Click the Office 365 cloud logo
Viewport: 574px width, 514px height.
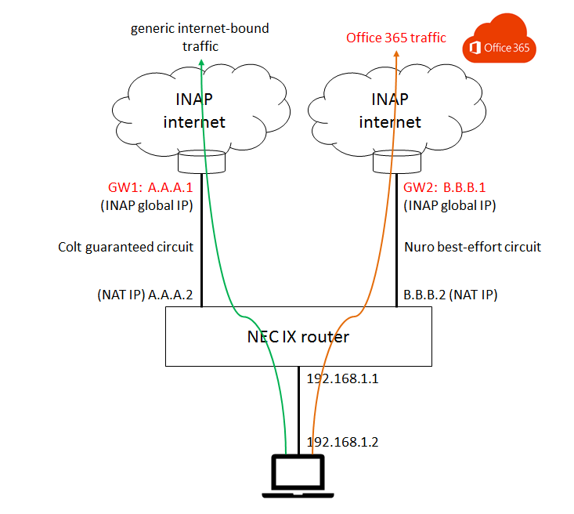click(x=499, y=39)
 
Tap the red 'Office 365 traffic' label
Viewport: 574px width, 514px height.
click(x=396, y=38)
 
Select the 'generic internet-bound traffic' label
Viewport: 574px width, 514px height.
click(x=200, y=38)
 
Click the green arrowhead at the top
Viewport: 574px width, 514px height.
click(x=201, y=63)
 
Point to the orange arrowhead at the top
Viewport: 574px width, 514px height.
click(x=396, y=54)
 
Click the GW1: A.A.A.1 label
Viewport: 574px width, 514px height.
click(x=150, y=187)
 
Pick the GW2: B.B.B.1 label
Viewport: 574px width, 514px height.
click(x=445, y=187)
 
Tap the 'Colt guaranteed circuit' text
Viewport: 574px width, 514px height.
click(x=125, y=247)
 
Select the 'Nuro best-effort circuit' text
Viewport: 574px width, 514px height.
click(x=473, y=247)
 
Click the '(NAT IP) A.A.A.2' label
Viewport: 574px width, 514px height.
click(x=145, y=295)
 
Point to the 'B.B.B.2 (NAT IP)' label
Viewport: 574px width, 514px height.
click(x=450, y=295)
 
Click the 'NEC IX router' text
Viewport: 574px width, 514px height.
click(x=298, y=337)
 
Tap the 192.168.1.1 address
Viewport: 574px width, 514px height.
click(x=342, y=378)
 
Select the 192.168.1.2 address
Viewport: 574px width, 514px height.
click(x=342, y=442)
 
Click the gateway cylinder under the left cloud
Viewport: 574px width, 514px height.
click(x=202, y=161)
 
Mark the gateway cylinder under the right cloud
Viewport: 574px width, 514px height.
click(x=397, y=161)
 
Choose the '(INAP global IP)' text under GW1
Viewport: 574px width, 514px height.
click(x=146, y=205)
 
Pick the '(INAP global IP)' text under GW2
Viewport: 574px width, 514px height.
click(x=450, y=205)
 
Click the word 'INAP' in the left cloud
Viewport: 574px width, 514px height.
click(x=194, y=100)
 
